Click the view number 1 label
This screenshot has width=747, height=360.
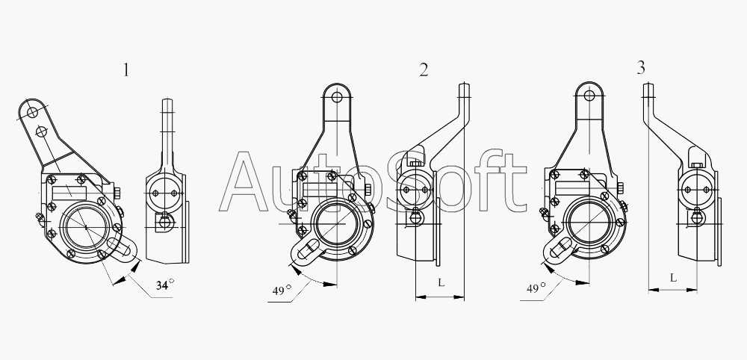click(x=125, y=70)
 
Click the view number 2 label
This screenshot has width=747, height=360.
click(x=424, y=70)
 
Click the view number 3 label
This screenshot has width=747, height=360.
click(x=641, y=68)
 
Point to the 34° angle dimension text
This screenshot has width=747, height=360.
click(x=164, y=285)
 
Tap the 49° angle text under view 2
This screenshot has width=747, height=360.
click(x=282, y=290)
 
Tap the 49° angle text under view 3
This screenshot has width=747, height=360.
click(x=536, y=288)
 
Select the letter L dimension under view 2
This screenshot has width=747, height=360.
click(x=441, y=282)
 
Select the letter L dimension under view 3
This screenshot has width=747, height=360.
click(x=673, y=277)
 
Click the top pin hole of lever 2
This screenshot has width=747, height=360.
click(x=338, y=97)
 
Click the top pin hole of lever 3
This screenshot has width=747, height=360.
click(x=589, y=96)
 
